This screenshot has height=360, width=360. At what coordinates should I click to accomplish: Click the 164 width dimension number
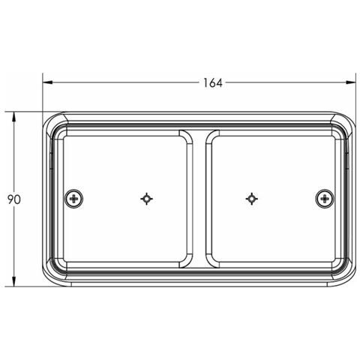tap(213, 82)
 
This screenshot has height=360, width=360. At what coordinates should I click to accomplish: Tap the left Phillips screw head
tap(73, 199)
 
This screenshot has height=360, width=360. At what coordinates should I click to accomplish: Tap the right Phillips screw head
tap(324, 199)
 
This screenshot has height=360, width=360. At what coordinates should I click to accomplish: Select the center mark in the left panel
tap(147, 199)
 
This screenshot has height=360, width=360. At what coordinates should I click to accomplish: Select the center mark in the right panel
tap(251, 199)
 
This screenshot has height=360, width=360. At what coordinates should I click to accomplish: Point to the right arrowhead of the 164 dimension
tap(353, 82)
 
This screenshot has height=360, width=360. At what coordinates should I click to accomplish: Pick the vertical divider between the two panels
tap(199, 199)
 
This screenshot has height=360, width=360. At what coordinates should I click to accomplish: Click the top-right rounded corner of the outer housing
tap(349, 120)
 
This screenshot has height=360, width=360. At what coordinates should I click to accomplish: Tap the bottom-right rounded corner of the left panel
tap(186, 262)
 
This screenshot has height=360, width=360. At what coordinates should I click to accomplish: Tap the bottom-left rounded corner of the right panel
tap(211, 262)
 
